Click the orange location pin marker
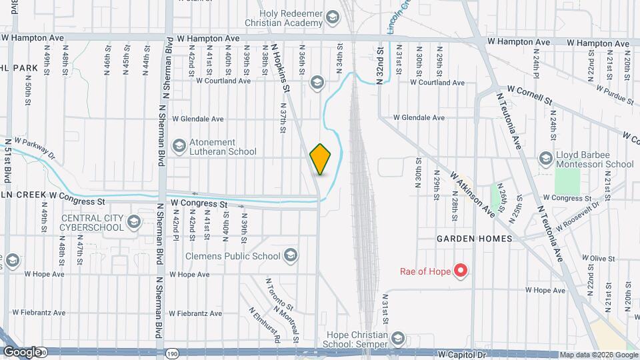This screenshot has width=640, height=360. [x=321, y=159]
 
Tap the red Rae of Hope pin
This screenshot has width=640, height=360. [x=460, y=271]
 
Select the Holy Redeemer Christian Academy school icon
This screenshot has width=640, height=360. [x=331, y=19]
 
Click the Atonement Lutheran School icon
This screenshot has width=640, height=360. [x=179, y=146]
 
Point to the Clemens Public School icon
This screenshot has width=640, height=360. [x=290, y=255]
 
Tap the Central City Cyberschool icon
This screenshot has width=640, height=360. [x=133, y=222]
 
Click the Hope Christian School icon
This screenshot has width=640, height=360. [x=398, y=338]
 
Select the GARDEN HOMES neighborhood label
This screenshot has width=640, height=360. [x=474, y=238]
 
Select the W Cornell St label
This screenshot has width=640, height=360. [x=531, y=93]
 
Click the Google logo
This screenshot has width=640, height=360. [x=21, y=351]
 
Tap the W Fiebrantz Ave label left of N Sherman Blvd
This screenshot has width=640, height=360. [x=45, y=312]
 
